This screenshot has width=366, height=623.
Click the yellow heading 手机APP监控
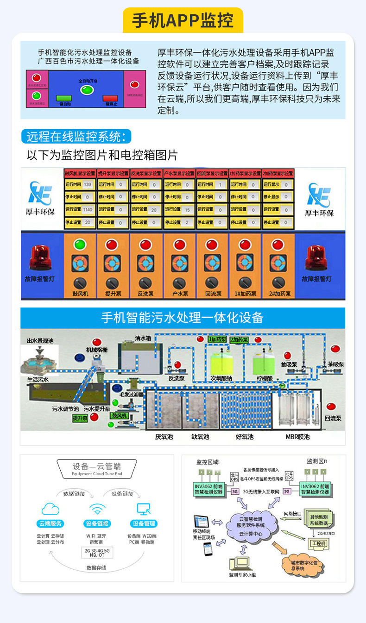point(183,20)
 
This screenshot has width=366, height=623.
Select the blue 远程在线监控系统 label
point(76,137)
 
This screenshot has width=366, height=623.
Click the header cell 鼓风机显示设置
point(80,174)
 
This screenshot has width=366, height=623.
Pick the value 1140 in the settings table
point(88,209)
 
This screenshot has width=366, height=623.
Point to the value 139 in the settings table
point(88,184)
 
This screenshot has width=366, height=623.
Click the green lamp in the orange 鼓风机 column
point(80,244)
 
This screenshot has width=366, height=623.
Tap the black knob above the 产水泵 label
point(179,282)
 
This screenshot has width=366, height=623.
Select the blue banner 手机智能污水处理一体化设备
point(183,317)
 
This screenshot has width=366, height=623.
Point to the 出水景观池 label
point(40,341)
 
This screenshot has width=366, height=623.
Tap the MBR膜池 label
point(297,437)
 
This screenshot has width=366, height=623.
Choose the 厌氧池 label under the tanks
point(164,437)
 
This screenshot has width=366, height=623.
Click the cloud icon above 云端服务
point(50,510)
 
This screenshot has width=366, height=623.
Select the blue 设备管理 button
point(144,524)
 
